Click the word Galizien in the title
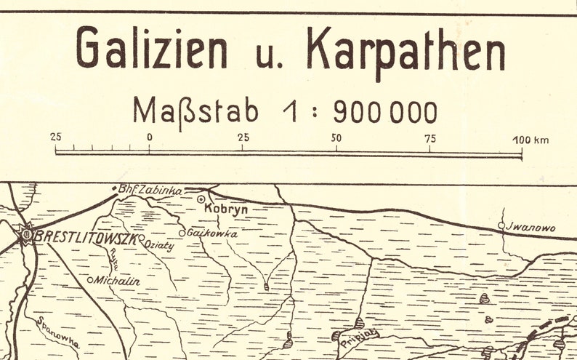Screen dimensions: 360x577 coord(151,49)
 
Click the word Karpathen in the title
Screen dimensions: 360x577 coord(405,50)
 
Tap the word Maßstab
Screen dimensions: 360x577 coord(195,111)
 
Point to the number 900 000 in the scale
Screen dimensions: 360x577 coord(385,112)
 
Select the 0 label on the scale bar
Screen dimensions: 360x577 coord(149,137)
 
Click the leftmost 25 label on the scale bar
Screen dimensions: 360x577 coord(56,137)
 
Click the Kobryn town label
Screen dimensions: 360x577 coord(226,209)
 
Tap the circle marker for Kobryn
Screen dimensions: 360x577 coord(201,199)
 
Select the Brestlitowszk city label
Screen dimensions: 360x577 coord(86,236)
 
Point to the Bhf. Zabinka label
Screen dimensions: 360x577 coord(150,190)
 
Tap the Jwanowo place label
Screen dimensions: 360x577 coord(531,228)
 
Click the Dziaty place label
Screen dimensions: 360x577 coord(160,245)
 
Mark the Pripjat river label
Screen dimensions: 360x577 coord(361,335)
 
